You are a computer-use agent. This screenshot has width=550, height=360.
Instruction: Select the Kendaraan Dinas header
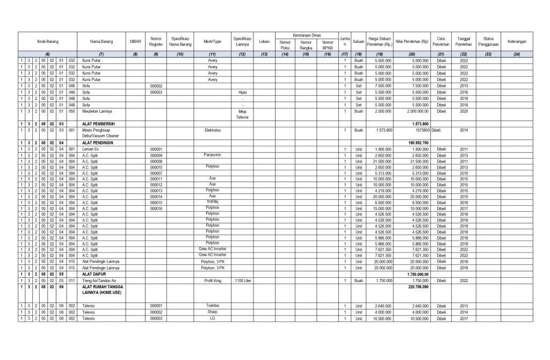tap(306, 33)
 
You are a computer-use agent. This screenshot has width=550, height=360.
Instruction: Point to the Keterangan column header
tap(516, 41)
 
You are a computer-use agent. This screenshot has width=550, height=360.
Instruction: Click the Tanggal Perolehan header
tap(463, 41)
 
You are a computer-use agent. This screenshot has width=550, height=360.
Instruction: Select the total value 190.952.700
tap(416, 142)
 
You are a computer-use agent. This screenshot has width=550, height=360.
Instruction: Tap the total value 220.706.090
tap(416, 287)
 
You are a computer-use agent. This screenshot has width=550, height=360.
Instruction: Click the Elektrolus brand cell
tap(213, 130)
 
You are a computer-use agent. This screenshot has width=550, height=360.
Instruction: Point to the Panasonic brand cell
tap(213, 154)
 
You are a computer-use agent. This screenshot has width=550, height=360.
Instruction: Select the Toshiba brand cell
tap(213, 305)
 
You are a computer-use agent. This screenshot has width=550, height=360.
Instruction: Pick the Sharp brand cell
tap(213, 312)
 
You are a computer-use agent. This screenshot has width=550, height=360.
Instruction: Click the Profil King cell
tap(213, 280)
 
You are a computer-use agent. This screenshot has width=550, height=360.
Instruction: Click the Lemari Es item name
tap(90, 149)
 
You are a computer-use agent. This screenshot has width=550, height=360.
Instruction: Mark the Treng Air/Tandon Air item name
tap(100, 280)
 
